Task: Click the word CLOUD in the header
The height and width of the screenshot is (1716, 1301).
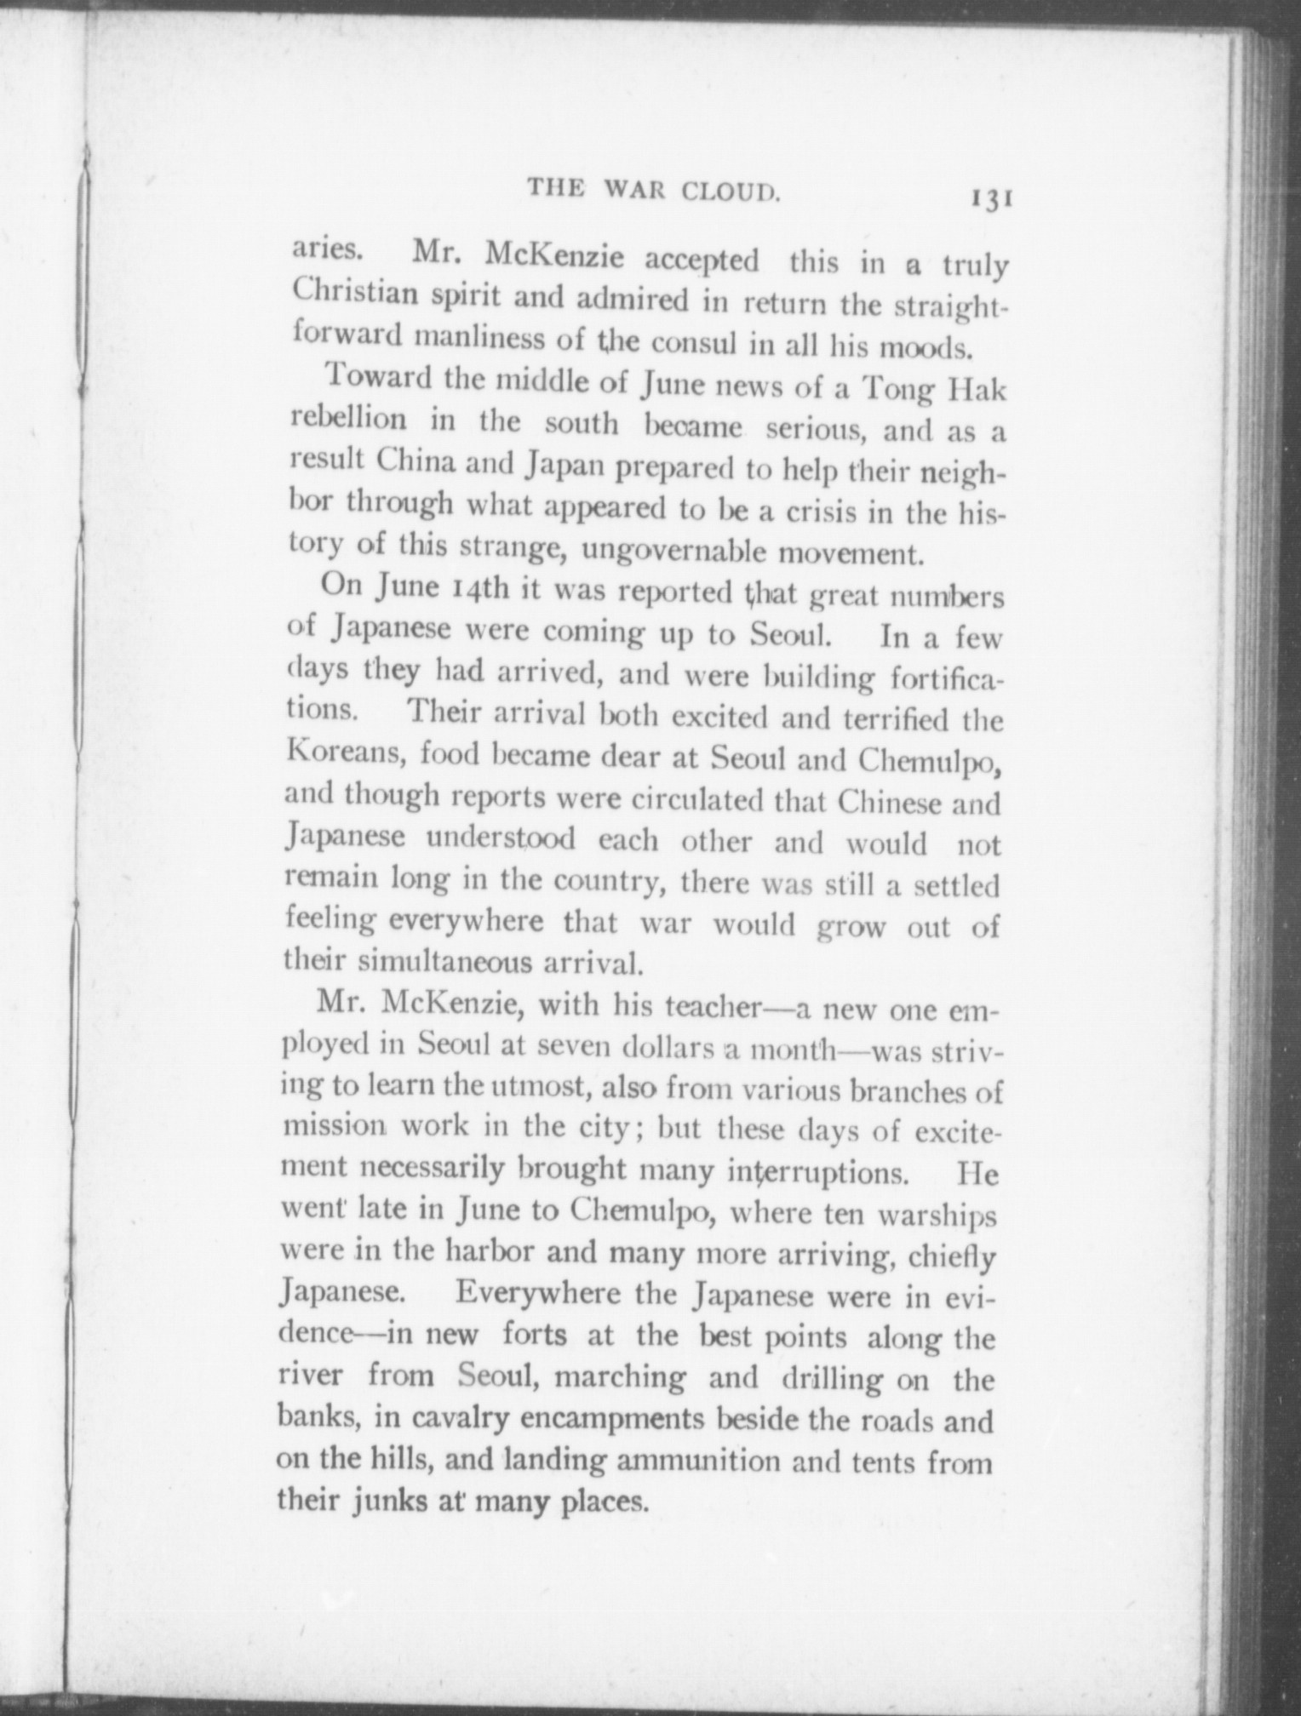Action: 733,192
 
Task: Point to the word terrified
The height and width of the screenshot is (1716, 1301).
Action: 896,719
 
